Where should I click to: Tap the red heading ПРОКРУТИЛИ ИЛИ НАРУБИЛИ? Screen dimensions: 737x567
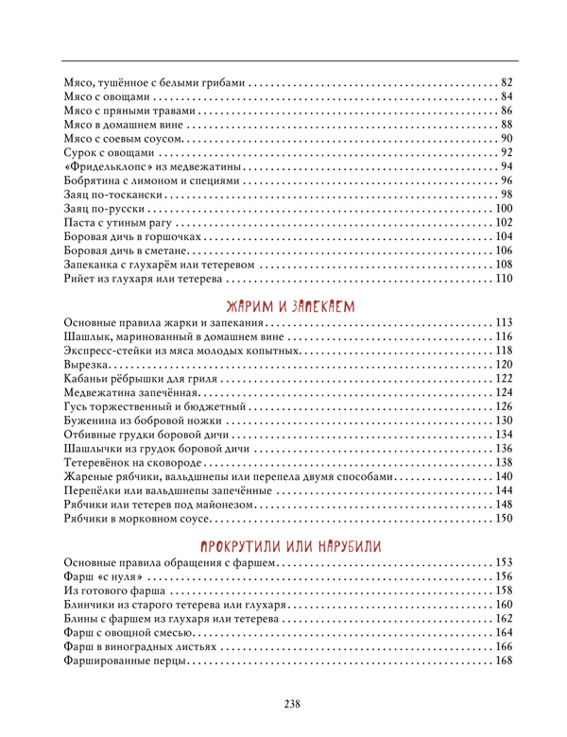[x=289, y=547]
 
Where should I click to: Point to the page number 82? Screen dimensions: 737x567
[x=506, y=81]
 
